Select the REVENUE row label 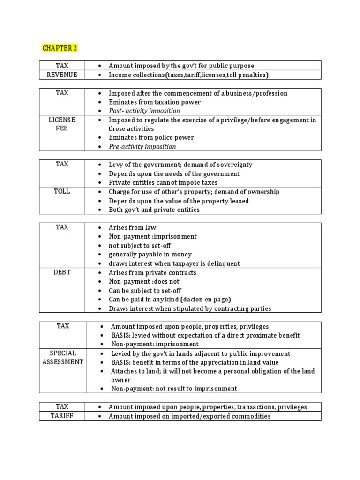pos(62,75)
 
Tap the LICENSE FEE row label pos(62,124)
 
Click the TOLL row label pos(62,191)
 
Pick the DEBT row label pos(62,272)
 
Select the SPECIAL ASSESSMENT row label pos(62,357)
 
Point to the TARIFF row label pos(62,416)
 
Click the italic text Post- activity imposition pos(144,111)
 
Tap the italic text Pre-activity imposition pos(142,147)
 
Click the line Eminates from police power pos(151,138)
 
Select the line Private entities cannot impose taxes pos(163,183)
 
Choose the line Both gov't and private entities pos(154,210)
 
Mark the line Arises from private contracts pos(152,273)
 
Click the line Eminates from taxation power pos(154,102)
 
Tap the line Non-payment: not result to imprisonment pos(174,389)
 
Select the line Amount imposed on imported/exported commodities pos(189,416)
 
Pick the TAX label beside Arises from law pos(62,227)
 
